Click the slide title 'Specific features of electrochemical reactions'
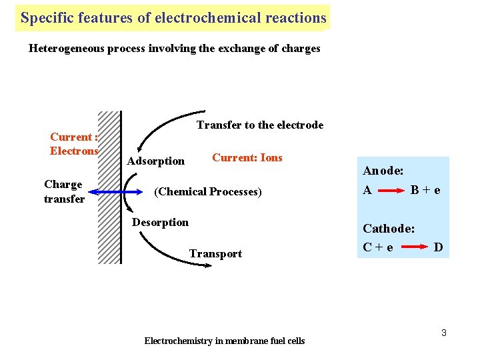click(x=173, y=18)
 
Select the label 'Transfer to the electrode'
click(x=259, y=125)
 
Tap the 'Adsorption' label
click(x=155, y=161)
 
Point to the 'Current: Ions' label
click(x=247, y=157)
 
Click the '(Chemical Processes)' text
click(x=208, y=191)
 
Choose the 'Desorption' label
click(x=160, y=222)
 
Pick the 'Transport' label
click(x=215, y=253)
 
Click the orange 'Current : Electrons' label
click(x=74, y=144)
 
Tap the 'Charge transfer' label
click(x=64, y=191)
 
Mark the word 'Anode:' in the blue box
click(x=383, y=171)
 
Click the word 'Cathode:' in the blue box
click(x=389, y=229)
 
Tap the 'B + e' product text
click(x=425, y=190)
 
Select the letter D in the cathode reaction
click(x=438, y=247)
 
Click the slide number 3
click(x=444, y=332)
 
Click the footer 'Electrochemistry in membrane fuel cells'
click(x=224, y=341)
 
